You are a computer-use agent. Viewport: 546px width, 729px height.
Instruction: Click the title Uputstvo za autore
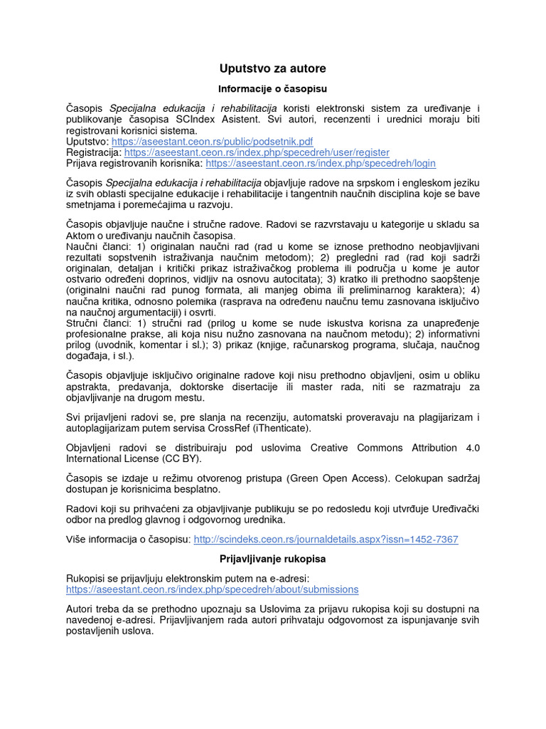[272, 68]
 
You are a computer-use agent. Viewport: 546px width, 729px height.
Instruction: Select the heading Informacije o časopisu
[272, 89]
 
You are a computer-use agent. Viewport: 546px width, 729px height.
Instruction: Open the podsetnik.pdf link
[212, 142]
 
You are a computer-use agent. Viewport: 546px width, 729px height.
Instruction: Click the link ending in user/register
[257, 152]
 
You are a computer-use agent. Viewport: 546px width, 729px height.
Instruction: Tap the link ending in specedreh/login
[320, 162]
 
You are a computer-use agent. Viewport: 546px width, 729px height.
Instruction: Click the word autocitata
[291, 280]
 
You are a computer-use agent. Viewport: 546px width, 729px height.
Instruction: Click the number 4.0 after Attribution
[472, 448]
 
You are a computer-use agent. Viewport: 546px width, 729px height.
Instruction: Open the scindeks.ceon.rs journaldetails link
[326, 540]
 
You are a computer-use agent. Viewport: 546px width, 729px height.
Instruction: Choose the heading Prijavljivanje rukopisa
[272, 560]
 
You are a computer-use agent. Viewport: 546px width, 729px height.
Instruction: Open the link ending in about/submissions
[213, 589]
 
